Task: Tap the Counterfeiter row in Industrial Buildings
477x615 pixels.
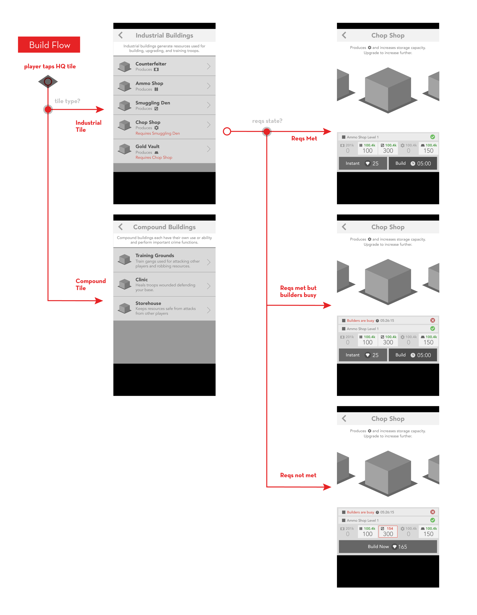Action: point(164,66)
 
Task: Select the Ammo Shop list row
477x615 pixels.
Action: point(164,86)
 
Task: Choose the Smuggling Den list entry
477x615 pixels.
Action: point(164,105)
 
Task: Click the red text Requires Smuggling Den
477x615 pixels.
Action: point(157,133)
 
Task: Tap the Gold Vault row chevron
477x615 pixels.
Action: point(208,149)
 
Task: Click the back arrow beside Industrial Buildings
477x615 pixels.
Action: point(121,35)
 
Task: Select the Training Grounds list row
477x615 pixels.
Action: point(164,260)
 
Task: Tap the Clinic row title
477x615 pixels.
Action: point(141,280)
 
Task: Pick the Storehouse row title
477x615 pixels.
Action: point(148,303)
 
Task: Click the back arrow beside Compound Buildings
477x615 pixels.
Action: point(121,227)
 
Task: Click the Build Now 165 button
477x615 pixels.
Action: point(388,546)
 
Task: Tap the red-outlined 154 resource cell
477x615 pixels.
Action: point(388,531)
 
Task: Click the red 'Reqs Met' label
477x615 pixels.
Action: point(304,139)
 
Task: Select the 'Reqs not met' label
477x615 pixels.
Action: point(298,475)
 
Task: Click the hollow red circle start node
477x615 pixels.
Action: point(227,131)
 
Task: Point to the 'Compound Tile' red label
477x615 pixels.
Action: point(90,284)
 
